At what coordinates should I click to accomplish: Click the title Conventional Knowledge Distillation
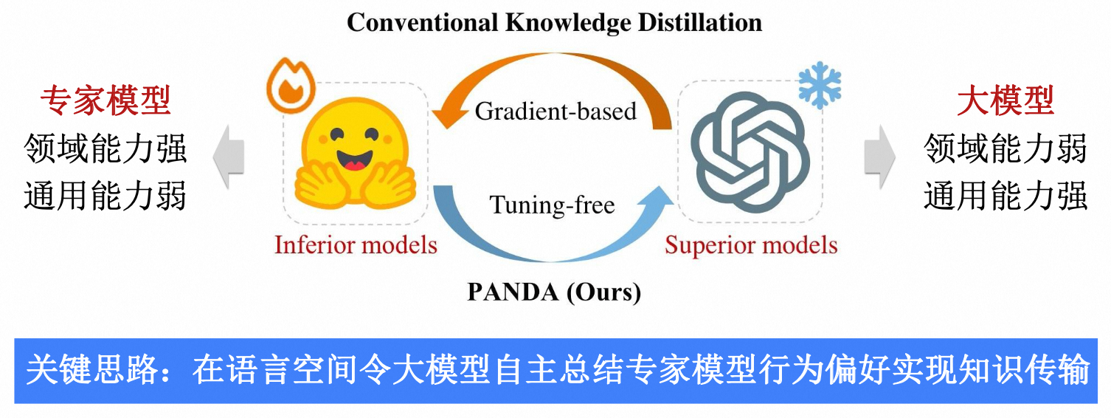pos(554,23)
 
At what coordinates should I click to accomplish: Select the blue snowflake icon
pos(820,85)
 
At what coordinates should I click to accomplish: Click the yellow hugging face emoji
pos(355,153)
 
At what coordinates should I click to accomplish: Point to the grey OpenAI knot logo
pos(750,152)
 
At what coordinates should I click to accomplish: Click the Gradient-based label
pos(555,111)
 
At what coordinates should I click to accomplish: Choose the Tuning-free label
pos(552,205)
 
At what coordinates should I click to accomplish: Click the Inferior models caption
pos(356,244)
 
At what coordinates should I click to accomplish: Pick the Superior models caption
pos(751,245)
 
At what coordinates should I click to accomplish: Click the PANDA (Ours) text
pos(554,292)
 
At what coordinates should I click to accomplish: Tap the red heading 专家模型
pos(105,100)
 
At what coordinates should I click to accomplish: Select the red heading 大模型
pos(1006,100)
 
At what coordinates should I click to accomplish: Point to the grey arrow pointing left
pos(229,157)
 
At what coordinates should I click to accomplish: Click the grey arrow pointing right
pos(880,157)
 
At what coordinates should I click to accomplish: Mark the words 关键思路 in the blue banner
pos(91,370)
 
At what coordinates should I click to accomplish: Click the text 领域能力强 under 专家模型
pos(105,148)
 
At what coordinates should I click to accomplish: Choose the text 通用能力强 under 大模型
pos(1006,196)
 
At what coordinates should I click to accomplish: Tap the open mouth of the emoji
pos(354,160)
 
